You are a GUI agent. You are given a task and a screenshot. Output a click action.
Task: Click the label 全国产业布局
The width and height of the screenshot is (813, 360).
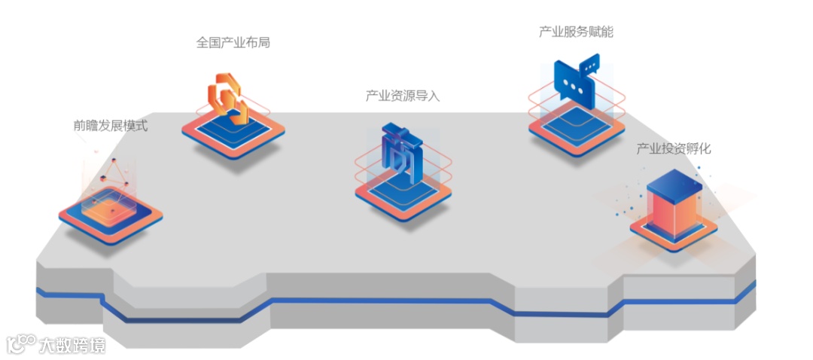233,43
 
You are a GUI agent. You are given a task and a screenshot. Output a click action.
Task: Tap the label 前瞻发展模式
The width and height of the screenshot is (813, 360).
111,126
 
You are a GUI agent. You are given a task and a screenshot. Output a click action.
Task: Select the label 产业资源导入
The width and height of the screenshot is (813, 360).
402,96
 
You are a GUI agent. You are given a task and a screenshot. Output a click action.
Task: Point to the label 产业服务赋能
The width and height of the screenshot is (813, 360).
571,32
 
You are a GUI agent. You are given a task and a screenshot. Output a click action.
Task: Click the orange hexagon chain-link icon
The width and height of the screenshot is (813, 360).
227,97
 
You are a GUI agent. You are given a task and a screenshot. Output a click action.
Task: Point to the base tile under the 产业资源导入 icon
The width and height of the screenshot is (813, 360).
403,196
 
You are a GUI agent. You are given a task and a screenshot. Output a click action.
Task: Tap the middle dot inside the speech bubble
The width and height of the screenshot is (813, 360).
575,85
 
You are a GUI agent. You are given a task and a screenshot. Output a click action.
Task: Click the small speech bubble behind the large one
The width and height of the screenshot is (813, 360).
589,64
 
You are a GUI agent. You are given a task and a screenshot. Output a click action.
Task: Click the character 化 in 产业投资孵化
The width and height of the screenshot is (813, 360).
704,148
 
